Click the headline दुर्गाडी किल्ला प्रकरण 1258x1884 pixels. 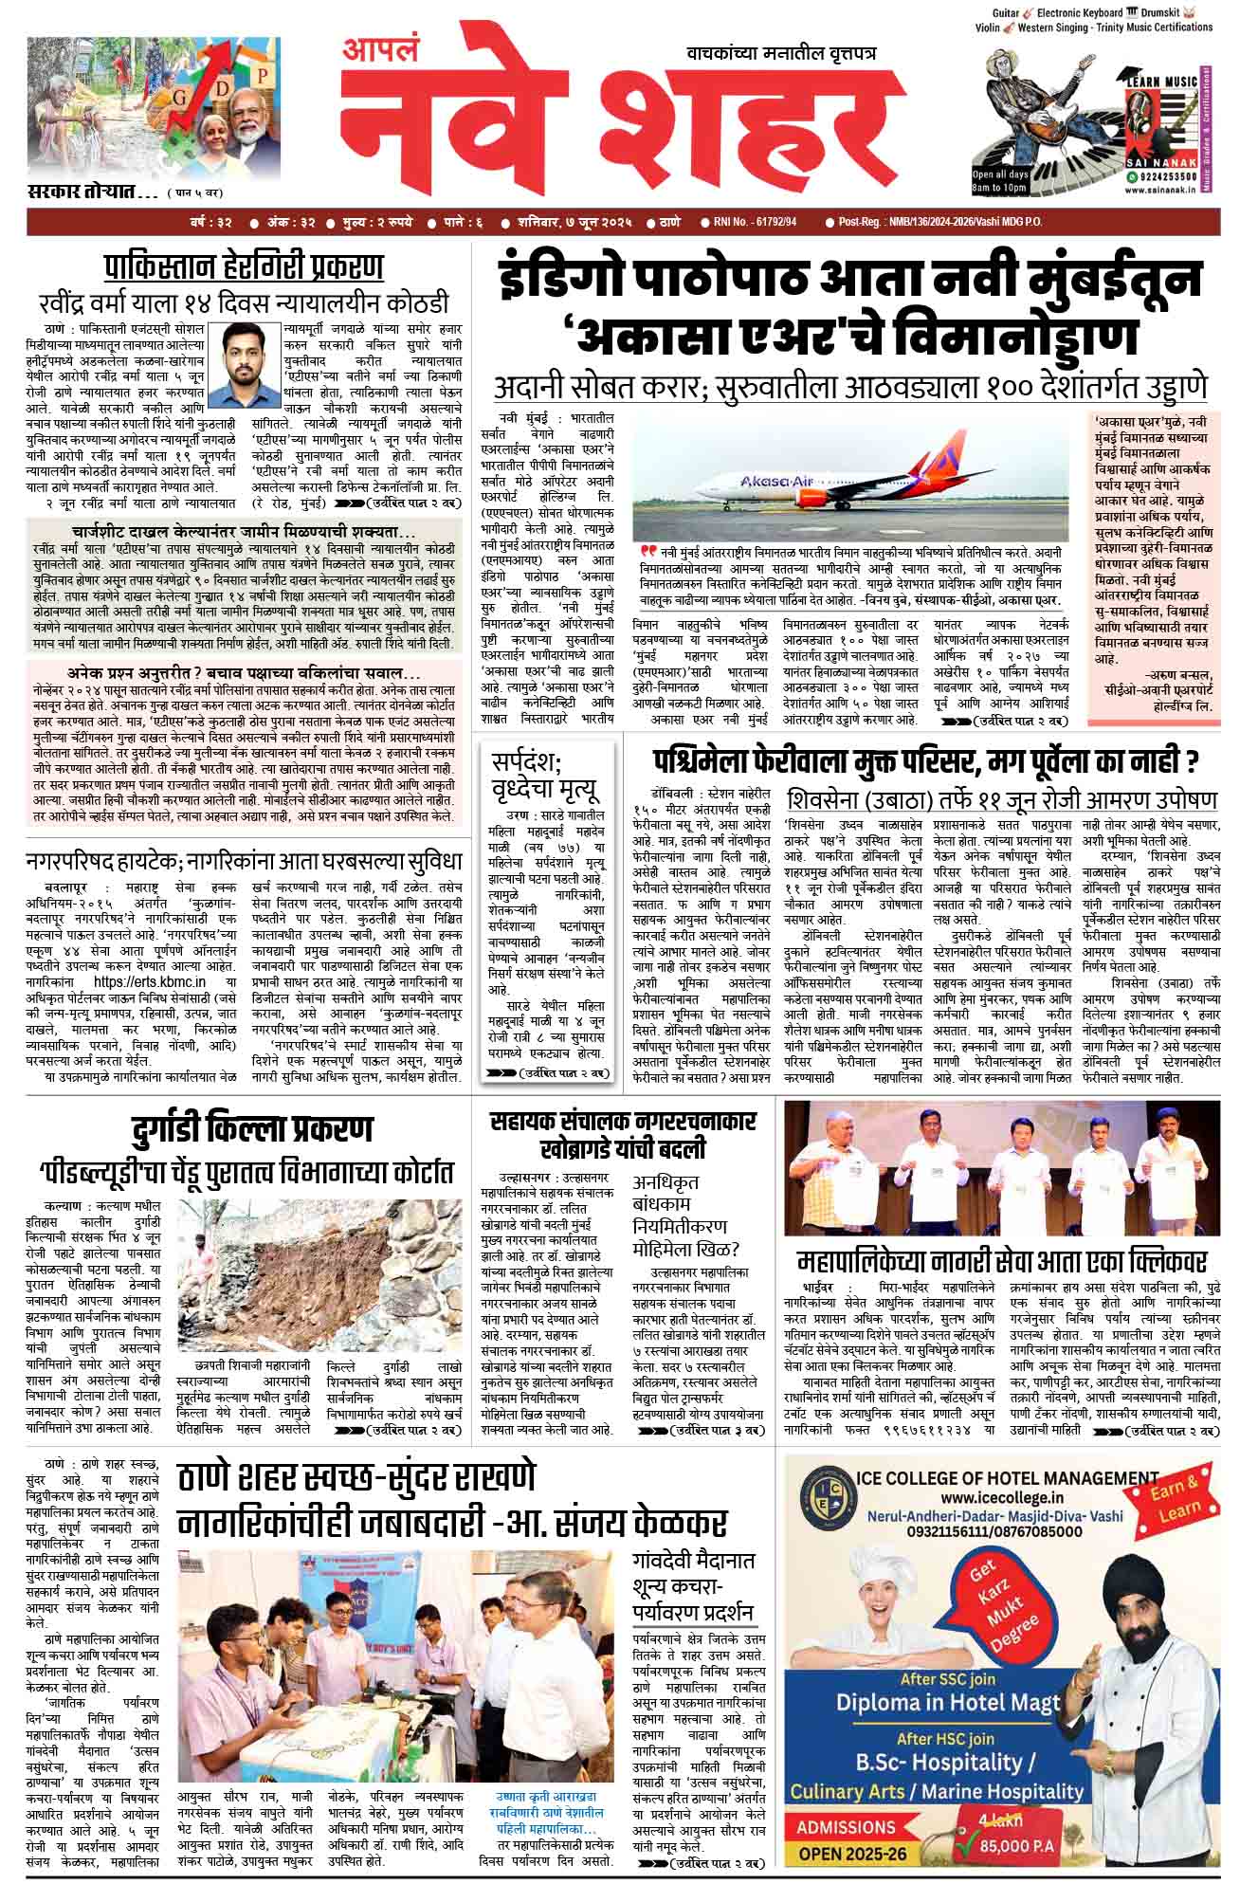[253, 1130]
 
